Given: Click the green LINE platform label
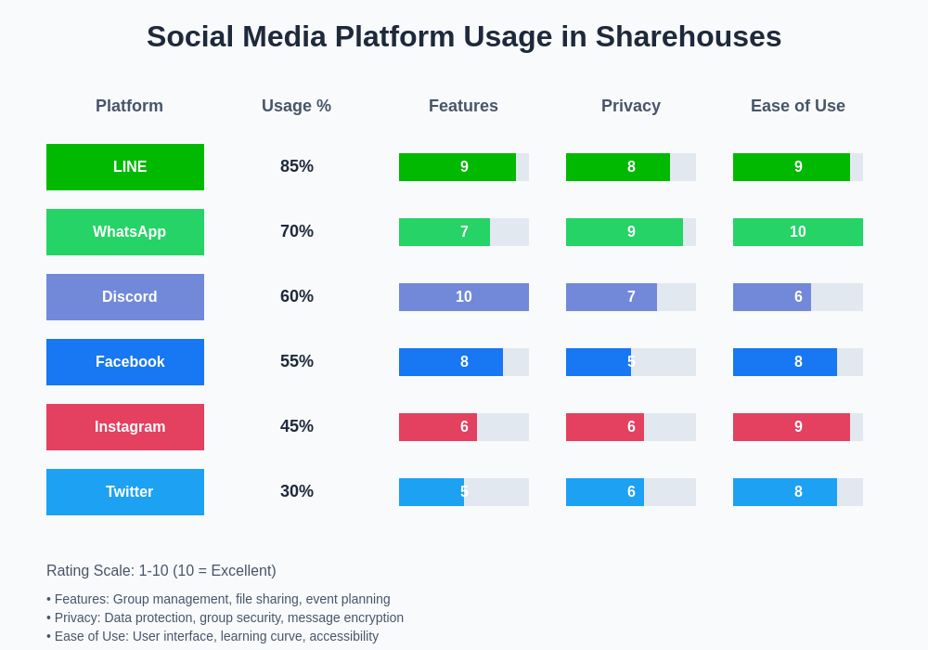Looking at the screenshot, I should pyautogui.click(x=125, y=167).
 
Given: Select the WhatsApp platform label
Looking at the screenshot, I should pyautogui.click(x=125, y=232).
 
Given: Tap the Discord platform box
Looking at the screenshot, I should pyautogui.click(x=125, y=297).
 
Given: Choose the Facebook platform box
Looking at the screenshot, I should pyautogui.click(x=125, y=362).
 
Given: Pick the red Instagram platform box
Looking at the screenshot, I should pyautogui.click(x=125, y=427).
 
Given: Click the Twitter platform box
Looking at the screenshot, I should pyautogui.click(x=125, y=492).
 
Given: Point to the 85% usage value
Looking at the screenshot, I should pyautogui.click(x=297, y=167).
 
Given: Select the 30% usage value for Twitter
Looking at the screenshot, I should pyautogui.click(x=297, y=492).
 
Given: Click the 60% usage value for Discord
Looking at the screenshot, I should pyautogui.click(x=297, y=297).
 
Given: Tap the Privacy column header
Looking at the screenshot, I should pyautogui.click(x=631, y=106).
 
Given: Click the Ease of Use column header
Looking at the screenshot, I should pyautogui.click(x=798, y=106).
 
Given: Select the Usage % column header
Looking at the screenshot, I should pyautogui.click(x=296, y=106).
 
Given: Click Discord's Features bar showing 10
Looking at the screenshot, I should pyautogui.click(x=464, y=297).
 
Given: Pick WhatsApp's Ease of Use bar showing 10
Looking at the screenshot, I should pyautogui.click(x=798, y=232).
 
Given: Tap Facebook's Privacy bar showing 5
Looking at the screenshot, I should pyautogui.click(x=599, y=362).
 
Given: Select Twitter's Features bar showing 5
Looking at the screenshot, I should pyautogui.click(x=432, y=492).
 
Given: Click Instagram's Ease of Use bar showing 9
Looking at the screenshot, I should pyautogui.click(x=792, y=427).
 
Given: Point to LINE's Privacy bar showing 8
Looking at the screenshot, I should pyautogui.click(x=618, y=167).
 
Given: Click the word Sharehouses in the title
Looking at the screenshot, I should pyautogui.click(x=688, y=36).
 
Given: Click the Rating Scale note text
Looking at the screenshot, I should pyautogui.click(x=161, y=571).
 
